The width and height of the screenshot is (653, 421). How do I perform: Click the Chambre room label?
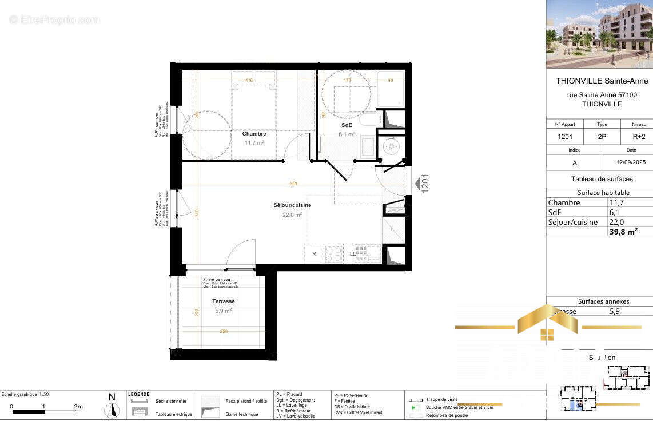tap(254, 134)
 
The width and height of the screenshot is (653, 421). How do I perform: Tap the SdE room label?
tap(347, 125)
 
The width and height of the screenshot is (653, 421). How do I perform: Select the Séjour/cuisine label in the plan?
tap(292, 205)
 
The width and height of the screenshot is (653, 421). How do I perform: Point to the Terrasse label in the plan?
tap(223, 301)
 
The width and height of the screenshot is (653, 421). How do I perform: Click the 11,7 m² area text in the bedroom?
tap(254, 143)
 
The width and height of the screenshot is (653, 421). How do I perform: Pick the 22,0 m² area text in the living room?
tap(292, 215)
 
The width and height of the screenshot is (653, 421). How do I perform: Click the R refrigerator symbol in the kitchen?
tap(314, 253)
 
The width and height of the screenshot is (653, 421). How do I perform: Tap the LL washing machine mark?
tap(353, 253)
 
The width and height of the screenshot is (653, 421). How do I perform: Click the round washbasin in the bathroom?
tap(392, 146)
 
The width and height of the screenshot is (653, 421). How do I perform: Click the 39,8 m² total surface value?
tap(623, 231)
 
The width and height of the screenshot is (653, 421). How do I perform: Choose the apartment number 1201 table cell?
tap(565, 137)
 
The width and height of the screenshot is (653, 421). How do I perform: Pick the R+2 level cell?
tap(639, 137)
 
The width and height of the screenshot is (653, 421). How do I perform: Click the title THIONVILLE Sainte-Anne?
tap(602, 81)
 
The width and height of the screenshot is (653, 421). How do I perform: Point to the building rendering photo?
tap(599, 34)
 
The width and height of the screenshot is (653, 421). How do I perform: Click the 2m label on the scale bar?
tap(78, 407)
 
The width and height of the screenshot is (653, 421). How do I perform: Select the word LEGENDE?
tap(138, 394)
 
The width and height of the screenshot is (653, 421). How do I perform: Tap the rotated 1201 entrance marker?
tap(425, 184)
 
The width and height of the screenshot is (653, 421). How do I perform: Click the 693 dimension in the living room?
tap(293, 184)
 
